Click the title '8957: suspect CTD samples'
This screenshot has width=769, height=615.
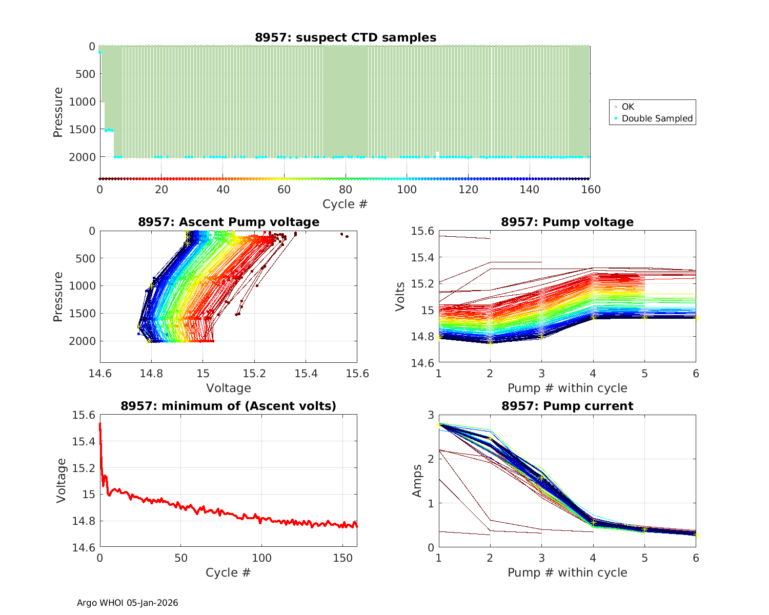346,37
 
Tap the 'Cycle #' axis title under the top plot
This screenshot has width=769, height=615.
345,204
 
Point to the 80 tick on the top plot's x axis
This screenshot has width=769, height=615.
346,190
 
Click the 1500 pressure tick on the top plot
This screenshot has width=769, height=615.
82,129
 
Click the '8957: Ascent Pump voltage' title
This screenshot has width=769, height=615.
229,222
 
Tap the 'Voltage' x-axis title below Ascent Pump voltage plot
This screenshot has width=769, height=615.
229,388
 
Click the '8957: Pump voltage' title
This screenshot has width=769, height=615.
567,222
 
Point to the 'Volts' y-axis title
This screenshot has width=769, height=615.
400,296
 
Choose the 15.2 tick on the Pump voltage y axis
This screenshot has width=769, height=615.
422,283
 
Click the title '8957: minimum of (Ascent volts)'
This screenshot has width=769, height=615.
229,406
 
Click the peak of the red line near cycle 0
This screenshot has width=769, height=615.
100,424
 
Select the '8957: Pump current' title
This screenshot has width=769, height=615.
567,406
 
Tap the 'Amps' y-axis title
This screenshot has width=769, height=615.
417,481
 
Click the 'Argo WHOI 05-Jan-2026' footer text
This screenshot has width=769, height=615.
128,603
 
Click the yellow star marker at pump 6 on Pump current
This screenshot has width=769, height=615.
696,535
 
